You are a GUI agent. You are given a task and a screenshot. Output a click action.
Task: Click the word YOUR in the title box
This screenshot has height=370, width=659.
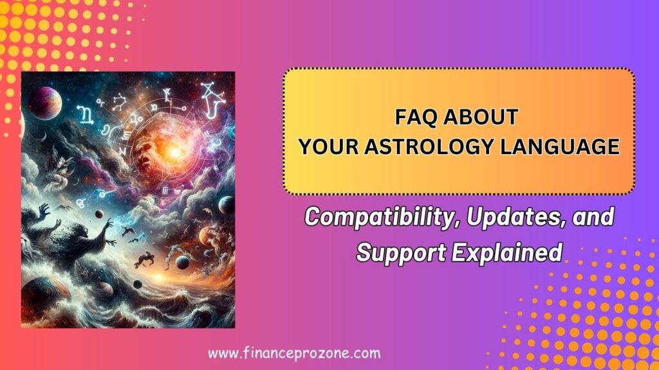click(x=327, y=147)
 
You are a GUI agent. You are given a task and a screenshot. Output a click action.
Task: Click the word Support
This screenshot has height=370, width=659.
click(x=393, y=252)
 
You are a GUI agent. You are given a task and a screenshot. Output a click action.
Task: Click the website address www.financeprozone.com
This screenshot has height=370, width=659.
click(x=295, y=353)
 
